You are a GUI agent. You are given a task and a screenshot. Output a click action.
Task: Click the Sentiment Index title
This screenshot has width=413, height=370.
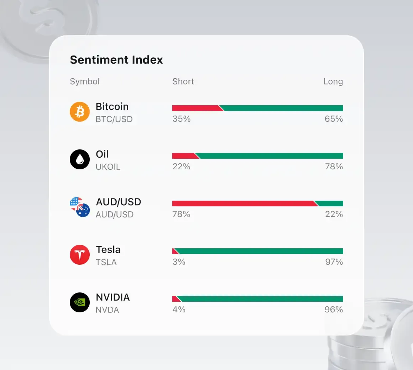116,60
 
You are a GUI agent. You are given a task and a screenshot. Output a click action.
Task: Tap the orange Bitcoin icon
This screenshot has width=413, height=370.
80,112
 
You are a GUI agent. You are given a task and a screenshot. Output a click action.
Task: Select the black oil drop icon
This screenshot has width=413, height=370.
80,159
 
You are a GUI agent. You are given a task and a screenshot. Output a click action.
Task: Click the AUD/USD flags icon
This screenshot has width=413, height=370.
80,207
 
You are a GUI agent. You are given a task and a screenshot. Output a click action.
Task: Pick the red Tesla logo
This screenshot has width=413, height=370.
80,255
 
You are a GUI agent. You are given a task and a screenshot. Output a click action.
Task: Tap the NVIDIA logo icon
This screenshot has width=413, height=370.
80,302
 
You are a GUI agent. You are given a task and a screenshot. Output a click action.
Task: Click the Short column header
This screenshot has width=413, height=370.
183,81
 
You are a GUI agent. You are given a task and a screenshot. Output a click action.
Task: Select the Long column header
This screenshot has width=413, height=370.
333,81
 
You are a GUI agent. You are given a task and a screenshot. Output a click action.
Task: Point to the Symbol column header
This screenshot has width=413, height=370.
85,81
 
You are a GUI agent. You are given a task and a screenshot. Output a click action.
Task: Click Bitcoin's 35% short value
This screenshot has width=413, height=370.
181,119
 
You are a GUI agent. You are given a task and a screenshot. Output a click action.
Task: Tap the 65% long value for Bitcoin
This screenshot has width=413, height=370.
334,119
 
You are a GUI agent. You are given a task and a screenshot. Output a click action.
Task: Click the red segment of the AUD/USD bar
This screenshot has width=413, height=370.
242,203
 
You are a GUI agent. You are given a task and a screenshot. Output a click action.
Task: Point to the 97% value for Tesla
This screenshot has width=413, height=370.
334,262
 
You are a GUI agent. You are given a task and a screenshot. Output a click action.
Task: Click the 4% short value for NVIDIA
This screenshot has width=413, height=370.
179,310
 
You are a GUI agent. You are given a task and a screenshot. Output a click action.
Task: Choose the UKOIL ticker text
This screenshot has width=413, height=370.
108,167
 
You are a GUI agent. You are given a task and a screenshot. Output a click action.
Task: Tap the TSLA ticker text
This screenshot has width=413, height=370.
106,262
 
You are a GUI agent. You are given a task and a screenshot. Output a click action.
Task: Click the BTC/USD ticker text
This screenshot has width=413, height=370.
114,119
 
